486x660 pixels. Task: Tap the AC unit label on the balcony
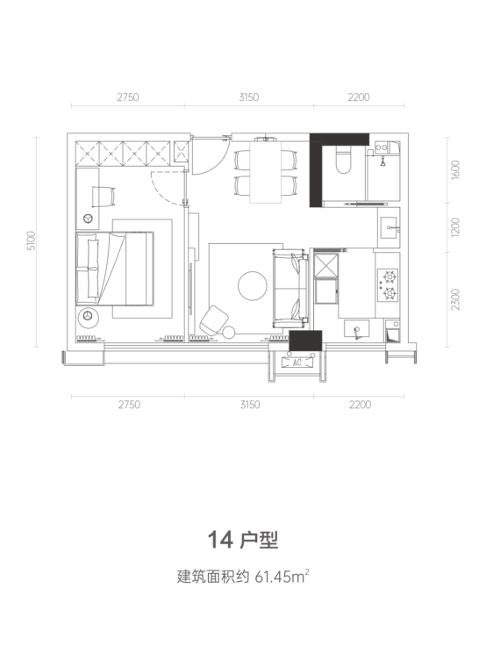[297, 362]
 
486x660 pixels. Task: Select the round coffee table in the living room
[253, 286]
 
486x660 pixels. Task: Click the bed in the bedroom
[114, 269]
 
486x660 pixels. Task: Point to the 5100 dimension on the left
[31, 240]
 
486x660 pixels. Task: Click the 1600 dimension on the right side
[455, 169]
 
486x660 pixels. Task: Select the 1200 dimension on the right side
[455, 226]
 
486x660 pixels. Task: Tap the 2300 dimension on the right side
[455, 299]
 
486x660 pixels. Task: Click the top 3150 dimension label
[249, 97]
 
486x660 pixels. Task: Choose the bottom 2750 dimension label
[129, 405]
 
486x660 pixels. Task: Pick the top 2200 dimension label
[359, 97]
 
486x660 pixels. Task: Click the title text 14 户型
[243, 540]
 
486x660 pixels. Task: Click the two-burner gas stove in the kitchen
[388, 285]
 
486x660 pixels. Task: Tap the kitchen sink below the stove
[356, 328]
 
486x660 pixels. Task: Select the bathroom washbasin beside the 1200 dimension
[389, 226]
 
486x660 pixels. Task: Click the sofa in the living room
[289, 289]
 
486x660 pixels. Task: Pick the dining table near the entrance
[266, 172]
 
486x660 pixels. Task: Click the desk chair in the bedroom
[104, 196]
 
